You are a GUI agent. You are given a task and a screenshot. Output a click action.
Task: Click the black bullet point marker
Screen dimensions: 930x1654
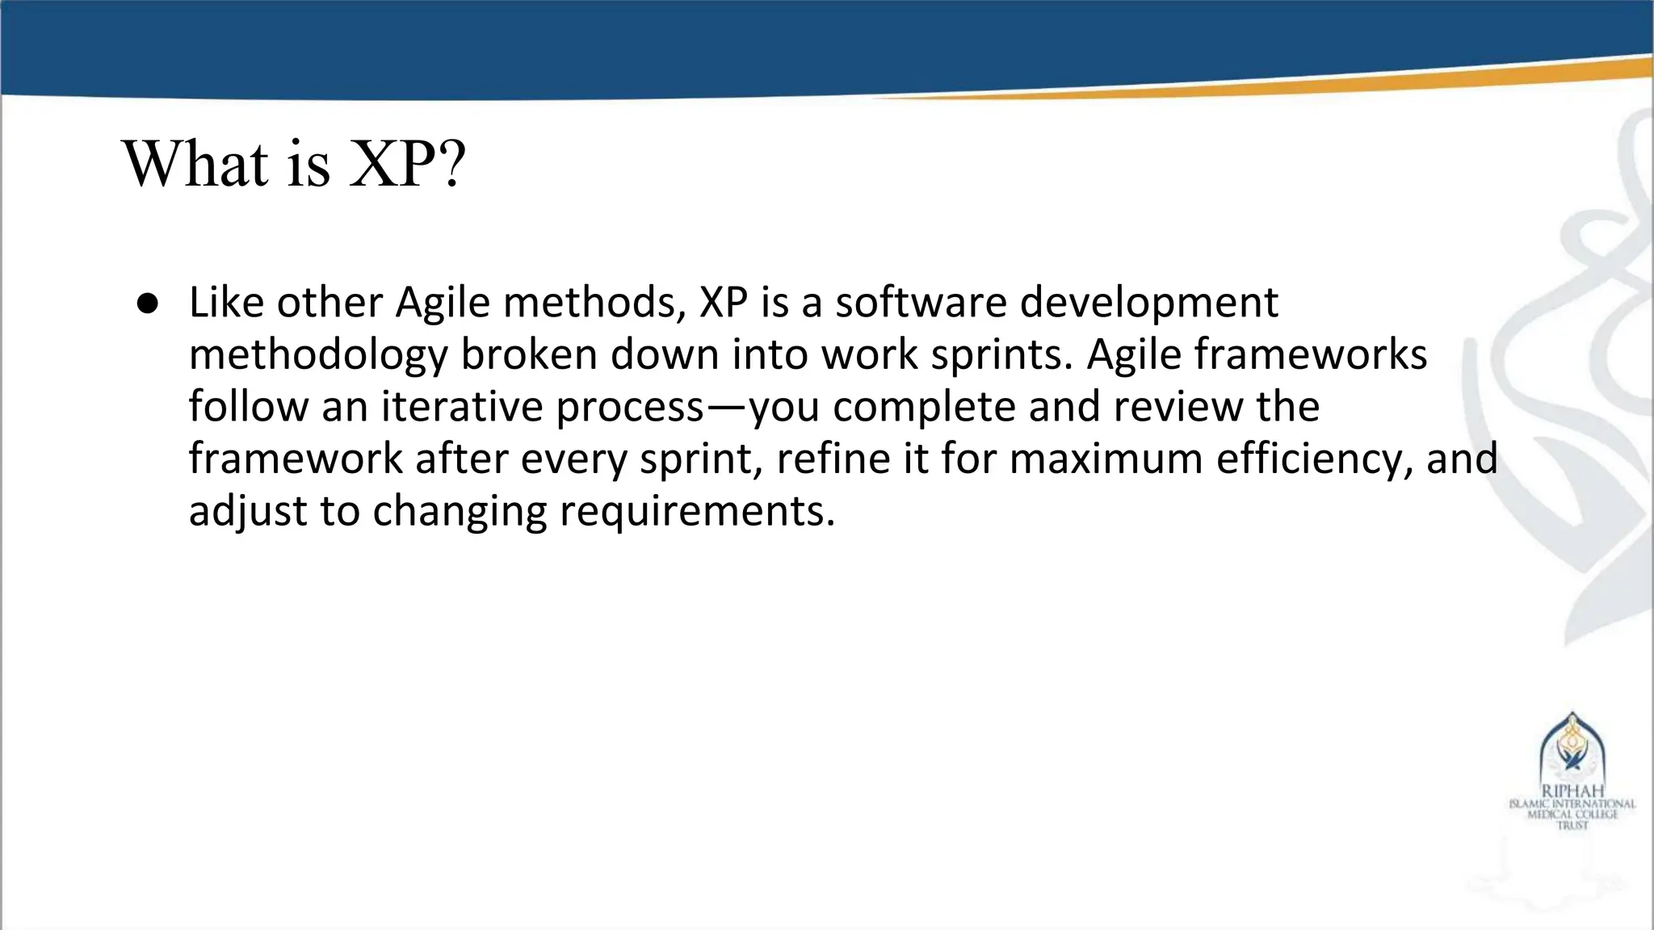pyautogui.click(x=147, y=304)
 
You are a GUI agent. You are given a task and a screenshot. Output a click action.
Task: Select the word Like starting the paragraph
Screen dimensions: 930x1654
pyautogui.click(x=227, y=303)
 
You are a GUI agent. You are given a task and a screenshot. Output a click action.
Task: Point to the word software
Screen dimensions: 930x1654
pyautogui.click(x=921, y=303)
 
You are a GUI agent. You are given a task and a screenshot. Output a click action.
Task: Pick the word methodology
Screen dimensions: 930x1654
pyautogui.click(x=317, y=356)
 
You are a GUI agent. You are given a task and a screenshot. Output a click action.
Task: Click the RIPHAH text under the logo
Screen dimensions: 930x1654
pyautogui.click(x=1572, y=792)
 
